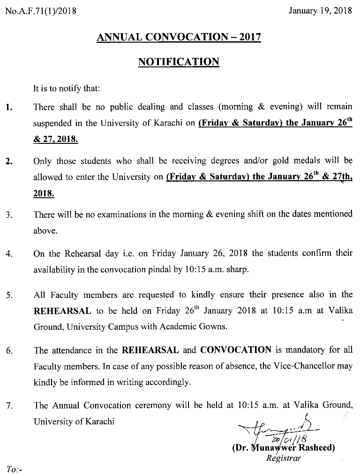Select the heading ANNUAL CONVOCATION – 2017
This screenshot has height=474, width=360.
click(179, 37)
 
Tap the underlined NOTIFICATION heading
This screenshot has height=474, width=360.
click(179, 62)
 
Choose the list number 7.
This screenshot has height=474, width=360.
click(9, 406)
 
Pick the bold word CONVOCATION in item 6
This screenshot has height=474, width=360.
click(236, 350)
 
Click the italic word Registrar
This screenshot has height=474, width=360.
click(283, 458)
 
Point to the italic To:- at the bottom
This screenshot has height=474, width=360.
click(15, 468)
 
